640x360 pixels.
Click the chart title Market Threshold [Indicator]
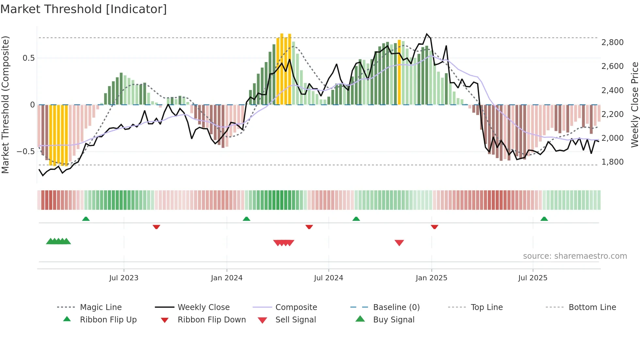(x=84, y=9)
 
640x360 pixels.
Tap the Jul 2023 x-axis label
(x=124, y=278)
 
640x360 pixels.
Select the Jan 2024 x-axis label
(x=227, y=278)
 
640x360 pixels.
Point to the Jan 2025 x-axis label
(x=431, y=278)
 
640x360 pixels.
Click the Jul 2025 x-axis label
(x=533, y=278)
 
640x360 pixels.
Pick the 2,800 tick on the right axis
(x=612, y=42)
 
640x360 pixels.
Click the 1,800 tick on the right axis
(x=612, y=162)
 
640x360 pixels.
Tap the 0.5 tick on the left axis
(x=29, y=58)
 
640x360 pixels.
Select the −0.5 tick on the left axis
(x=26, y=152)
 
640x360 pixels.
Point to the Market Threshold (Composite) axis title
(x=5, y=105)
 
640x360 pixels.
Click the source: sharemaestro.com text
(x=575, y=256)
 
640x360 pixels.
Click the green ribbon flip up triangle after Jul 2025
(x=544, y=219)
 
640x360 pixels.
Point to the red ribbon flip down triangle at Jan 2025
(x=434, y=227)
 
